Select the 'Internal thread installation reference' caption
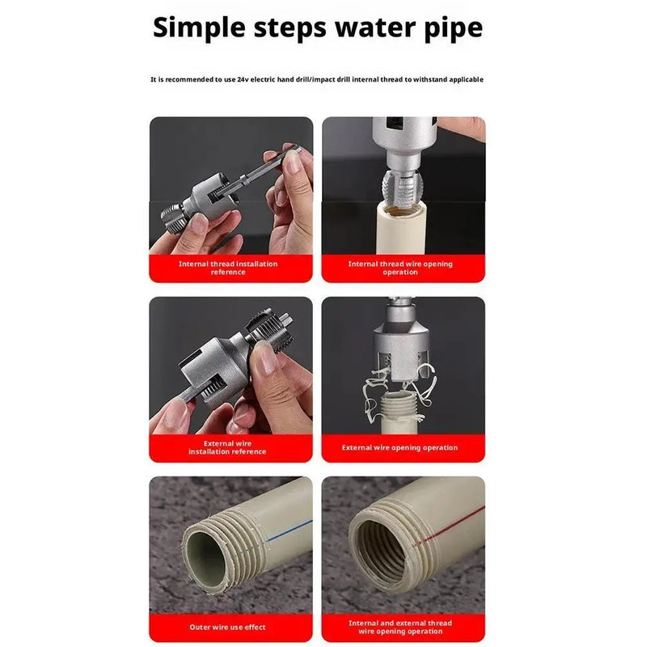pyautogui.click(x=228, y=268)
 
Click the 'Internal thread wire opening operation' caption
pyautogui.click(x=400, y=268)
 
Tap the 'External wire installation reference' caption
pyautogui.click(x=227, y=447)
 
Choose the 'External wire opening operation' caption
pyautogui.click(x=400, y=447)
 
